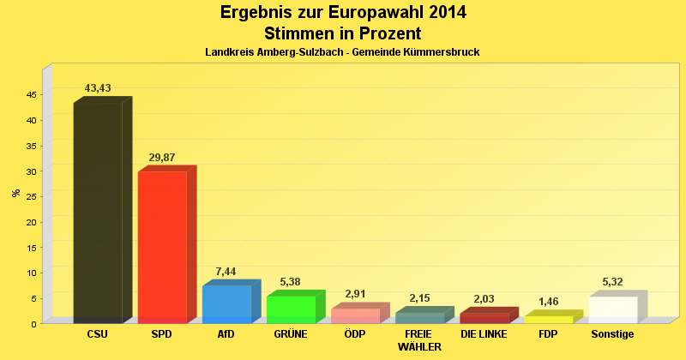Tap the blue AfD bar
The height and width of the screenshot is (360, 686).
226,304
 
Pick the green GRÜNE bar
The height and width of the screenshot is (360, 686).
291,309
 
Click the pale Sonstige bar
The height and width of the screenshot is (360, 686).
613,309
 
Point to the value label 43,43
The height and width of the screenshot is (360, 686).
98,88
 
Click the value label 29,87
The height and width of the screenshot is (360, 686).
162,158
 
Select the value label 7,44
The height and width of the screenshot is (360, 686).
226,272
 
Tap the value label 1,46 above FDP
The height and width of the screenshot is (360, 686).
549,302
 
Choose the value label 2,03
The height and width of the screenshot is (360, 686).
484,299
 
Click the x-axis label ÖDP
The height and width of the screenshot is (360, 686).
355,333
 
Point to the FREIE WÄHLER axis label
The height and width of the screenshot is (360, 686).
419,340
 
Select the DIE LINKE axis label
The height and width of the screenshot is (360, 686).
484,333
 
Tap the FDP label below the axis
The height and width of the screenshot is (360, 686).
549,333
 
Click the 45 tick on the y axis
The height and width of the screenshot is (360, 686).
31,94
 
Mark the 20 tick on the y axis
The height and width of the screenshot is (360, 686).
31,222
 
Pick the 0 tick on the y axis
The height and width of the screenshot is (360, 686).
33,324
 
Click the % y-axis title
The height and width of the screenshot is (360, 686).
15,192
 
